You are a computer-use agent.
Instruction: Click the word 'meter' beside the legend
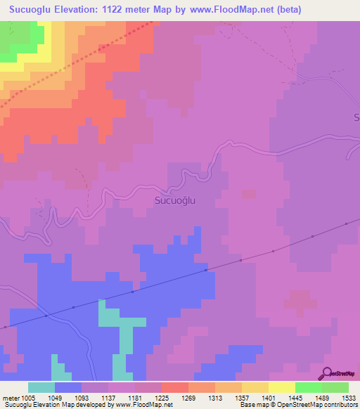click(10, 397)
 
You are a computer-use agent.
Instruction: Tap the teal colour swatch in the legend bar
click(41, 387)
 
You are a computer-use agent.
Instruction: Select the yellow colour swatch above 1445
click(281, 387)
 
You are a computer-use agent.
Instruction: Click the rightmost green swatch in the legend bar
click(335, 387)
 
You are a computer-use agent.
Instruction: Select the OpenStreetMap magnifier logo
click(326, 375)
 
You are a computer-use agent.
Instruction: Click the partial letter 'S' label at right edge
click(356, 116)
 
